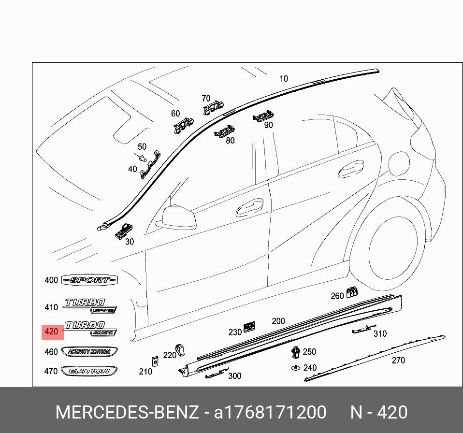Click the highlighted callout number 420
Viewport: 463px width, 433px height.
pos(51,332)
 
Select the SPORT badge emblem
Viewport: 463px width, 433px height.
pos(90,280)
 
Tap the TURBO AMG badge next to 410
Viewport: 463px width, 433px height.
pos(90,306)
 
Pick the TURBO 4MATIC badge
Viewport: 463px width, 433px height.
pos(90,328)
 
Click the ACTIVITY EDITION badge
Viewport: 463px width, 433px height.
pos(89,351)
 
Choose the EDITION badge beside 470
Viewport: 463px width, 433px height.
pos(89,371)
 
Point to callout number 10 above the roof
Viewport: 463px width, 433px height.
pos(284,78)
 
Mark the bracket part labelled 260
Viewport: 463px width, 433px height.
pos(352,291)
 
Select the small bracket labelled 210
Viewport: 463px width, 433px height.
pos(156,361)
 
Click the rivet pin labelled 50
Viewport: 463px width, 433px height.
pos(142,158)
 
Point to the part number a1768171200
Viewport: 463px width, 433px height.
pos(270,412)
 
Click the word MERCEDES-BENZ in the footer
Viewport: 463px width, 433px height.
pos(127,412)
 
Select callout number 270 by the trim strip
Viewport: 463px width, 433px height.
pos(398,360)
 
